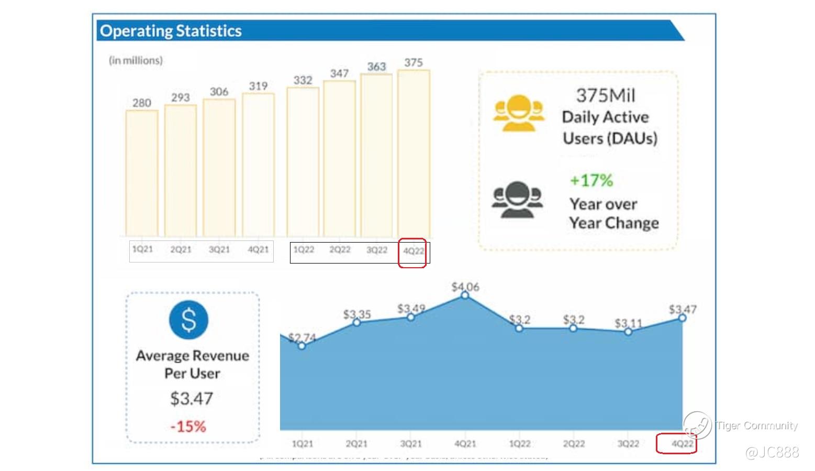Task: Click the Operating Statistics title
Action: pos(171,31)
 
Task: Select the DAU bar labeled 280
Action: pos(142,173)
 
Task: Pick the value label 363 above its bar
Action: pos(376,67)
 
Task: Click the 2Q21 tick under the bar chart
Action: pos(181,250)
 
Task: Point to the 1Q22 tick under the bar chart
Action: pos(304,250)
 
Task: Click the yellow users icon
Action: pos(518,113)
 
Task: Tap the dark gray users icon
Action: pos(517,200)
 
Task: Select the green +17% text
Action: pos(591,181)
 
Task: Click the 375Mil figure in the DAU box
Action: pos(606,95)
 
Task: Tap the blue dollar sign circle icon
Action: pos(188,320)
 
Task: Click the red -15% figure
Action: pos(188,426)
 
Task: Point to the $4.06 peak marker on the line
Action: pos(465,296)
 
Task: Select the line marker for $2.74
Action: pos(302,346)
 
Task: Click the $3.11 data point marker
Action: pos(628,332)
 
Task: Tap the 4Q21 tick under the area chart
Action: pos(465,444)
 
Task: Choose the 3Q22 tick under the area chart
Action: pos(628,444)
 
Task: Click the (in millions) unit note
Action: pos(136,61)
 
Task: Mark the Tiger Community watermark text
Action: pos(757,425)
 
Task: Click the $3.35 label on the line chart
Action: pos(357,314)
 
